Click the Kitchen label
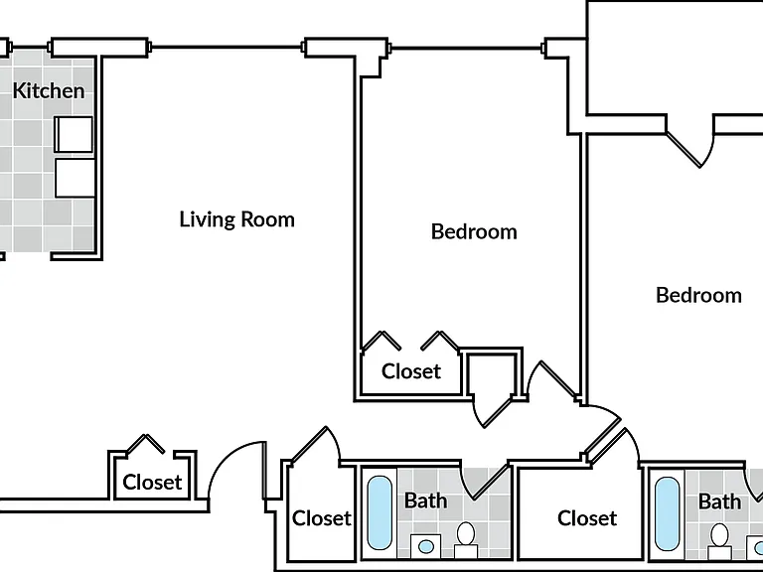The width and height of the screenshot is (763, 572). coord(48,91)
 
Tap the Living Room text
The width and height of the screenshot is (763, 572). coord(237,219)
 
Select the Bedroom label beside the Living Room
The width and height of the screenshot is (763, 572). coord(474,231)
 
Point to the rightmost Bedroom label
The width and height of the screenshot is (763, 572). coord(698,295)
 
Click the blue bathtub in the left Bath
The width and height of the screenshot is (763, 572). coord(380,512)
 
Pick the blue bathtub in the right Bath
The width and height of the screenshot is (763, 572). coord(667,513)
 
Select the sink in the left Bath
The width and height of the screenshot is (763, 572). coord(426,546)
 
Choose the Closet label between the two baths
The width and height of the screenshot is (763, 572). coord(587,518)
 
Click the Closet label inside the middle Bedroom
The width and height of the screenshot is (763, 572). coord(411,371)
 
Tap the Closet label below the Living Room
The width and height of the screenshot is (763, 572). coord(152,483)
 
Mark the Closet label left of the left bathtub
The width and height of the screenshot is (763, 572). coord(321,518)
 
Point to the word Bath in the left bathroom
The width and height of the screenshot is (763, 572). coord(426,500)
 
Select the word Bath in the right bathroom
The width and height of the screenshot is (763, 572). coord(719,501)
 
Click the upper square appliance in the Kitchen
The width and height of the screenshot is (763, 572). coord(74,134)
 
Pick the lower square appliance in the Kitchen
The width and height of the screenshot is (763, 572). coord(75,178)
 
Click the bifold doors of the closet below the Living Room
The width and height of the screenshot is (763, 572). coord(145,444)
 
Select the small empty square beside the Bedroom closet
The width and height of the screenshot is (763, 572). coord(491,375)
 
